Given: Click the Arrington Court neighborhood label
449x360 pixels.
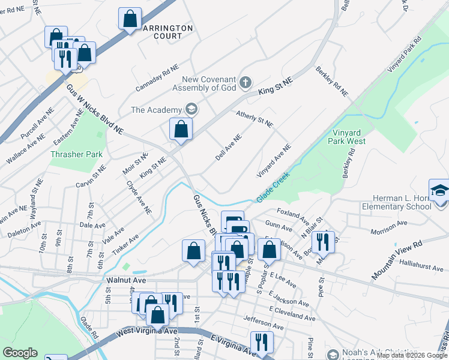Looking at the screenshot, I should (167, 32).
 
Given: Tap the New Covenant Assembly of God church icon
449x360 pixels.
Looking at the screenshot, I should (245, 82).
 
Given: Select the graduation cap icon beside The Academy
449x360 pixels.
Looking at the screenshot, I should (191, 109).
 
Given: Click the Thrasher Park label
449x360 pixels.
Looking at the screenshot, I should (76, 154).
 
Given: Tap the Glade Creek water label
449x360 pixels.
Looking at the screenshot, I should (273, 187).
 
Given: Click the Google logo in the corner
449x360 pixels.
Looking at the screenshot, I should (20, 353).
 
